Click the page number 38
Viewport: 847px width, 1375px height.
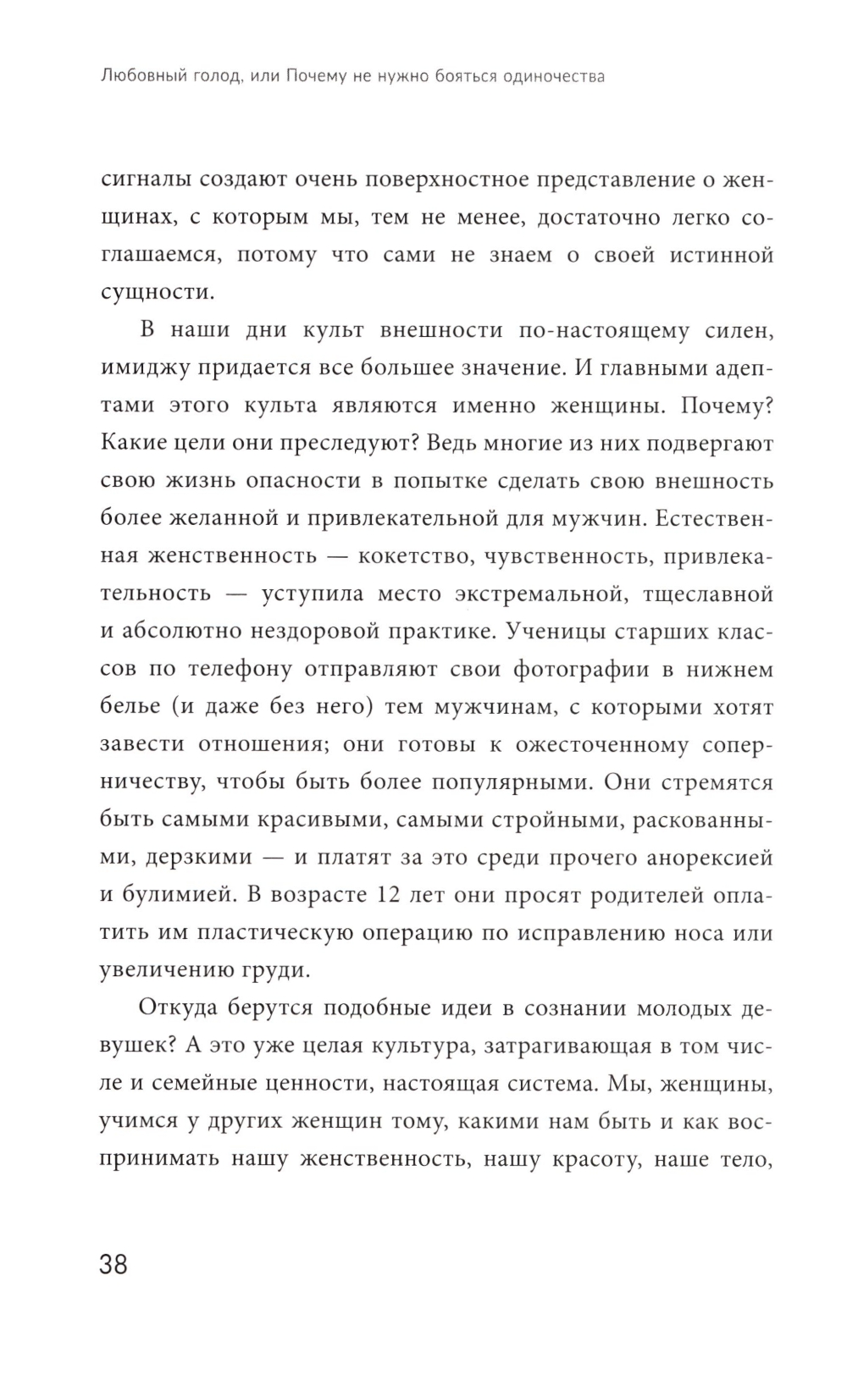(x=113, y=1265)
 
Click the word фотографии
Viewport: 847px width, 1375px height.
(x=574, y=669)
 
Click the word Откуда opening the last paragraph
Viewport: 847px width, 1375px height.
(x=183, y=1008)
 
